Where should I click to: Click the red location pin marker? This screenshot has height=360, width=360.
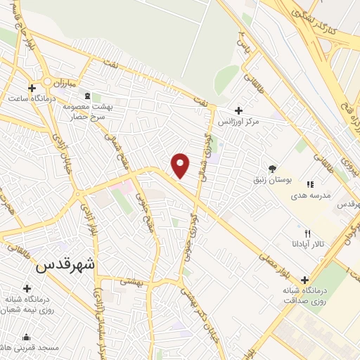[x=181, y=165]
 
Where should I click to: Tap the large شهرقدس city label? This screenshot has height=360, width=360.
[x=64, y=266]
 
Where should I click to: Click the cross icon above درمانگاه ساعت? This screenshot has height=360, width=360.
[x=32, y=87]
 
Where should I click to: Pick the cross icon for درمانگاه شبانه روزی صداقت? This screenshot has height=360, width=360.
[x=304, y=279]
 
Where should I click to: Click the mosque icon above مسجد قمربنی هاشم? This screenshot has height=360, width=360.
[x=27, y=337]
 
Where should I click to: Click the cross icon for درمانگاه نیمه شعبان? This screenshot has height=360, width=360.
[x=27, y=288]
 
